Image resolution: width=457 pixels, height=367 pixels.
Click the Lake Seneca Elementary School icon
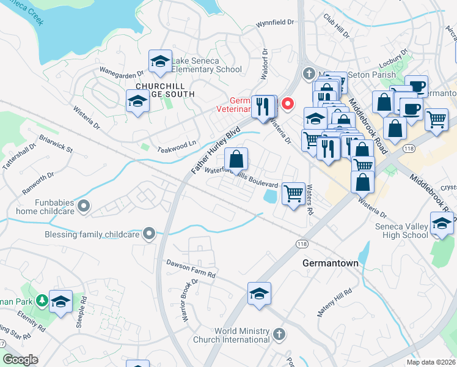pyautogui.click(x=160, y=62)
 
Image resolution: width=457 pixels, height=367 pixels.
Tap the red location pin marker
pyautogui.click(x=286, y=104)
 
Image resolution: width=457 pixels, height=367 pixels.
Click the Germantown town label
pyautogui.click(x=329, y=262)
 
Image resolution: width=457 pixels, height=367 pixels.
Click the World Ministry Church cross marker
pyautogui.click(x=279, y=334)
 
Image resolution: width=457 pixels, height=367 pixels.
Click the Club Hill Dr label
pyautogui.click(x=337, y=26)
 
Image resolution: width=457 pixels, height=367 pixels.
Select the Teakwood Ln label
pyautogui.click(x=178, y=142)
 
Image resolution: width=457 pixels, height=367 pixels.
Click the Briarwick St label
pyautogui.click(x=55, y=144)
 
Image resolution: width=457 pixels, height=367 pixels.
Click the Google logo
pyautogui.click(x=21, y=360)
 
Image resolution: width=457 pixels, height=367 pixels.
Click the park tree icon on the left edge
pyautogui.click(x=42, y=301)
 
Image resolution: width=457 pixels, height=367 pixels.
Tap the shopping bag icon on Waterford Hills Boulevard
pyautogui.click(x=236, y=160)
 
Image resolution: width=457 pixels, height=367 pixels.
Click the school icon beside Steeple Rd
pyautogui.click(x=60, y=302)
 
